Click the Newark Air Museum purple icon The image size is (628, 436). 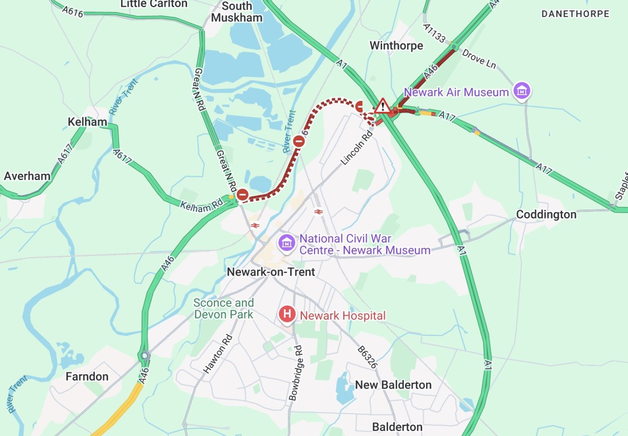click(522, 91)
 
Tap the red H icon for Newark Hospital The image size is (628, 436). click(287, 314)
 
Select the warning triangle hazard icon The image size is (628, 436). click(383, 106)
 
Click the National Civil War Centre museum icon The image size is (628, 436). click(286, 243)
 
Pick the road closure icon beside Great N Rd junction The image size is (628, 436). click(242, 195)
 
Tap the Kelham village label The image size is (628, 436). click(88, 122)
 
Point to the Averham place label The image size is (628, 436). click(27, 176)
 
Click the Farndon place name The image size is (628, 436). click(87, 377)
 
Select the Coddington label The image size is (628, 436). click(546, 214)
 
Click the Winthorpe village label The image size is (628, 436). click(396, 46)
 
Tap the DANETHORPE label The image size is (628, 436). click(575, 14)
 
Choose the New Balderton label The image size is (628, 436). click(393, 385)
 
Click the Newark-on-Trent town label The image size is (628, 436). click(271, 272)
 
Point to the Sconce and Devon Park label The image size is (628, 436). click(224, 309)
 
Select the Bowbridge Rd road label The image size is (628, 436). click(296, 373)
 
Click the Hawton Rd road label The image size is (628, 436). click(218, 354)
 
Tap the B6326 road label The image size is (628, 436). click(367, 357)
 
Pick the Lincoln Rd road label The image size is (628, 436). click(357, 148)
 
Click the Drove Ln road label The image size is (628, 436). click(479, 59)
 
